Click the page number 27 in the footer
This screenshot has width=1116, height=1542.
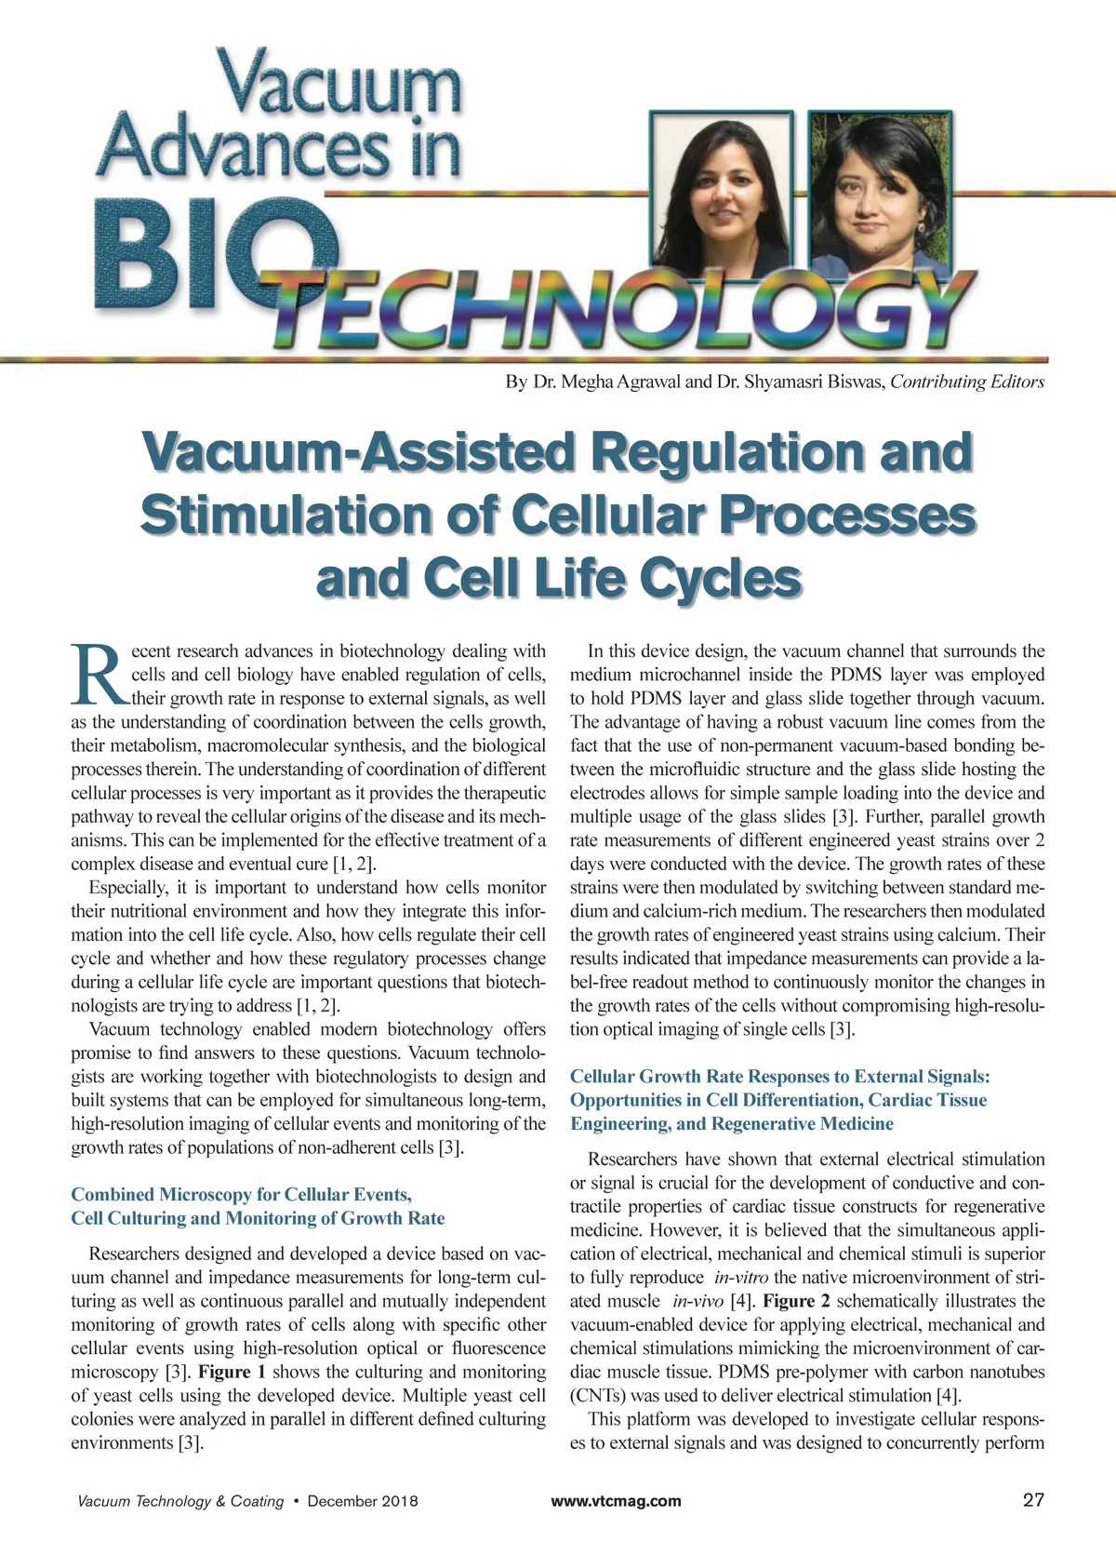coord(1032,1500)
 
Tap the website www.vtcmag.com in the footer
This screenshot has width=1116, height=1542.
coord(616,1501)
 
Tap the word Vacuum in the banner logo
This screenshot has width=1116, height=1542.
coord(339,84)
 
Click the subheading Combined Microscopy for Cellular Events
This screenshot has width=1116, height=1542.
coord(241,1194)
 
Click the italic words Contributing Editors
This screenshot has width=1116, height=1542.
coord(967,382)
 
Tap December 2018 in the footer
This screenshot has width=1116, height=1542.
coord(363,1501)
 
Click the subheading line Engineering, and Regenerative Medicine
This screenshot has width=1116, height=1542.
coord(731,1123)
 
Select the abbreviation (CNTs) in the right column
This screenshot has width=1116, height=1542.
coord(598,1396)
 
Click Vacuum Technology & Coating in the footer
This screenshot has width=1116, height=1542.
coord(180,1501)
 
